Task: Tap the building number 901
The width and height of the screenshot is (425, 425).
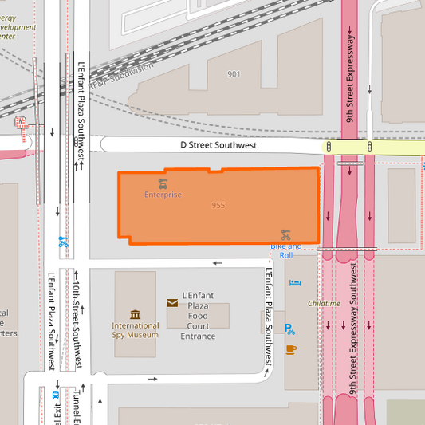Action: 234,74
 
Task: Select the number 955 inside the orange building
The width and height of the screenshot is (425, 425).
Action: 218,206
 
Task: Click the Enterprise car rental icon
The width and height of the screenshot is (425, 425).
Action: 163,183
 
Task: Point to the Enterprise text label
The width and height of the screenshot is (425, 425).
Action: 163,195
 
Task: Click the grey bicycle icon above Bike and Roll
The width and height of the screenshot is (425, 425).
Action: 285,234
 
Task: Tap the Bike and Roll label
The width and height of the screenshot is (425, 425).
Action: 285,250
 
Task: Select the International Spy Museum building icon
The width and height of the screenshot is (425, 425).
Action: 135,314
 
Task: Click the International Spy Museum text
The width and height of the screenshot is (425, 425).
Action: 135,330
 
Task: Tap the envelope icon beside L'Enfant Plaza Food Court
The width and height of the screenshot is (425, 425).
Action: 172,303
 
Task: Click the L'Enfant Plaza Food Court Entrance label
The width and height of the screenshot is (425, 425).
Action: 198,316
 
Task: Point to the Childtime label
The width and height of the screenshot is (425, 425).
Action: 324,304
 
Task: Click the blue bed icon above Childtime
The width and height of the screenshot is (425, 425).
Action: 293,282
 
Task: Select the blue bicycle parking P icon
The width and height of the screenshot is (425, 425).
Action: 289,329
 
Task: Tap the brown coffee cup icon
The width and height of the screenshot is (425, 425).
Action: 291,348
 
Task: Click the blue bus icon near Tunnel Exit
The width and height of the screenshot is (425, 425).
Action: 56,394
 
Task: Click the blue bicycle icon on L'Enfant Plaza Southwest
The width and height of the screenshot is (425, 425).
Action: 62,242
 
